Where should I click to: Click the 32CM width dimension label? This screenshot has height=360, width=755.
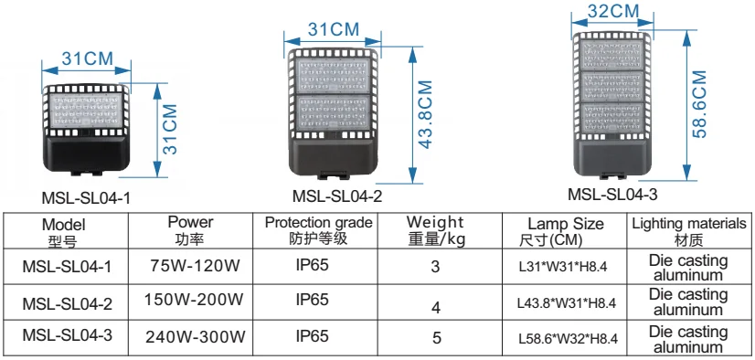coord(611,11)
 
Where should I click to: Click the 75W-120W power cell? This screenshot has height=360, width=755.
coord(195,267)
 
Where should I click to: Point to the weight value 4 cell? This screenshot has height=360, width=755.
coord(436,304)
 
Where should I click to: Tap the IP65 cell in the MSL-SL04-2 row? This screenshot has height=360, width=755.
coord(313,300)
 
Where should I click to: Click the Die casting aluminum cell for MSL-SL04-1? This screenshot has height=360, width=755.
coord(688,267)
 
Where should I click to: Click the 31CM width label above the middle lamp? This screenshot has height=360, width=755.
coord(333,29)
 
